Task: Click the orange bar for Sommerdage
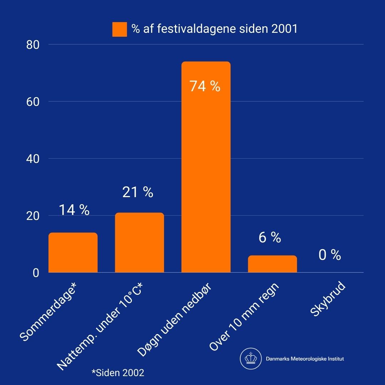[x=73, y=253]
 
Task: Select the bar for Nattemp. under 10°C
[x=139, y=243]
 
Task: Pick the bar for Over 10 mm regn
[x=272, y=264]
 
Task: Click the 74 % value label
[x=205, y=86]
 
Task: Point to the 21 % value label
[x=138, y=192]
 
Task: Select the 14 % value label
[x=74, y=210]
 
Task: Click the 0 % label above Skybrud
[x=330, y=255]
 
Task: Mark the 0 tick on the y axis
[x=36, y=273]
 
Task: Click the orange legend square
[x=119, y=29]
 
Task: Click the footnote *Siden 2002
[x=118, y=373]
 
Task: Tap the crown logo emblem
[x=251, y=359]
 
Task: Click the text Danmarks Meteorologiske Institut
[x=305, y=359]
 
